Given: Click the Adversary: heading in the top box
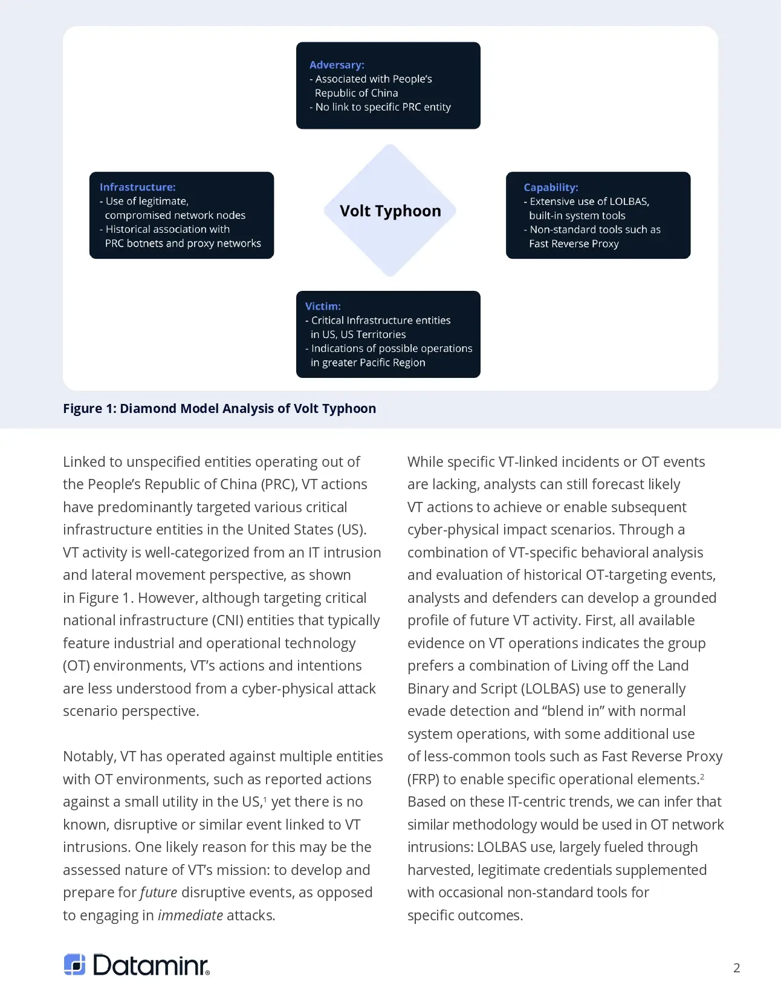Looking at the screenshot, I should (337, 65).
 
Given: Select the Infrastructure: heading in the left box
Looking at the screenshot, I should (137, 187).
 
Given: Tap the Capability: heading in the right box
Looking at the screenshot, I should (551, 187).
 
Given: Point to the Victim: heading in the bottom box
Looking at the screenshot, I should (323, 307).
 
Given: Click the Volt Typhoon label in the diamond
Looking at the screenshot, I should (390, 211).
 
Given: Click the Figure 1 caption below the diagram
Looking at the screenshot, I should (219, 409).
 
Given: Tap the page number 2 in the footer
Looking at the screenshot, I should (736, 967).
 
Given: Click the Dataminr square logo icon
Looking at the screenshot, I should (74, 964).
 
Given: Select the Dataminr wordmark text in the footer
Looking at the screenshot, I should (151, 965).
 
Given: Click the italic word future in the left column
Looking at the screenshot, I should (158, 893).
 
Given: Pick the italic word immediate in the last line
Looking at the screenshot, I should (190, 915).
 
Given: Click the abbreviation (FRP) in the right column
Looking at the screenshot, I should (423, 779).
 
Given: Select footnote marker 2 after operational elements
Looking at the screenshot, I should (702, 776).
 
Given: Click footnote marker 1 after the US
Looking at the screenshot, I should (265, 799).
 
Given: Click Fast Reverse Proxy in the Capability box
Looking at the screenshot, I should (573, 244).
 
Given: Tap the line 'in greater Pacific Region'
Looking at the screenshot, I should (368, 363).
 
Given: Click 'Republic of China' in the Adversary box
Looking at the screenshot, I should (356, 93).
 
